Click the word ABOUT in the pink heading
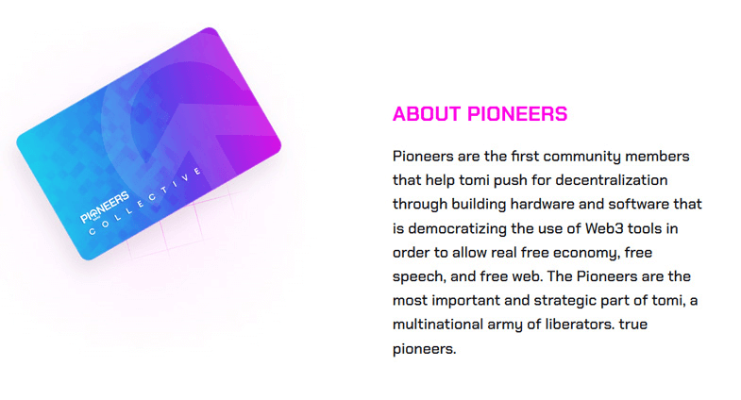click(x=427, y=114)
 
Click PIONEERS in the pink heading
click(x=517, y=114)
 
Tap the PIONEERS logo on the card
click(x=105, y=207)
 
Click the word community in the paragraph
click(x=582, y=157)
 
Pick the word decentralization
click(x=612, y=180)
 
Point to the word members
click(x=657, y=156)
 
